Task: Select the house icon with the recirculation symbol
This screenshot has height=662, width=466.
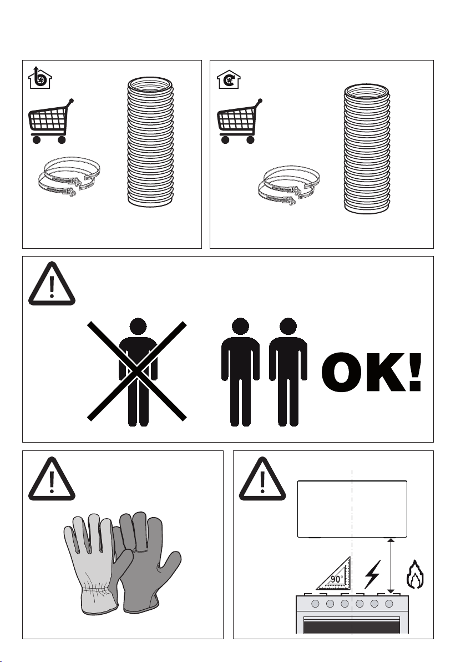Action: [229, 79]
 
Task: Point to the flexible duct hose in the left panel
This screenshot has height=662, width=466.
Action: [150, 142]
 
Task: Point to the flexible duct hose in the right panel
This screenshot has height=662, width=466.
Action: [367, 149]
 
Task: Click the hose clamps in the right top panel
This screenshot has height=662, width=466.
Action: [289, 186]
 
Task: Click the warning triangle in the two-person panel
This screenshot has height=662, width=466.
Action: [52, 284]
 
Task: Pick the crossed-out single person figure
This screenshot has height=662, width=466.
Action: [138, 372]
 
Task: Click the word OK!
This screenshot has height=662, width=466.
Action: [372, 372]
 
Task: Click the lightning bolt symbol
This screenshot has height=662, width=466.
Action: [372, 574]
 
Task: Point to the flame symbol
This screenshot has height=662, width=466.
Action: [415, 575]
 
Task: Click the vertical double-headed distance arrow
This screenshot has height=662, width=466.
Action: [391, 565]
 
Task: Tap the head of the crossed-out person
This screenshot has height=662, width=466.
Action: [138, 326]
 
